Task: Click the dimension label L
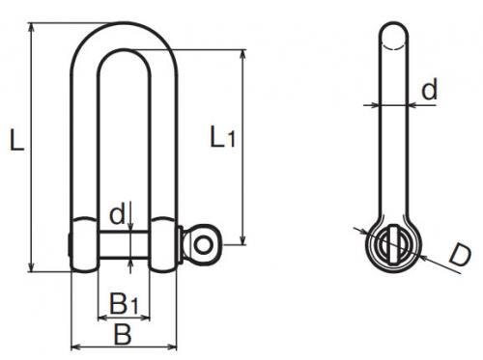pos(16,139)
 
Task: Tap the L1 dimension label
pos(222,137)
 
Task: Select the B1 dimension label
pos(124,303)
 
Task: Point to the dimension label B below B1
pos(123,334)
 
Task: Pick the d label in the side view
pos(430,88)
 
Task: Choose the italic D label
pos(460,256)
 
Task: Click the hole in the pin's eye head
pos(203,245)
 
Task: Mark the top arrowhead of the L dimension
pos(31,28)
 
